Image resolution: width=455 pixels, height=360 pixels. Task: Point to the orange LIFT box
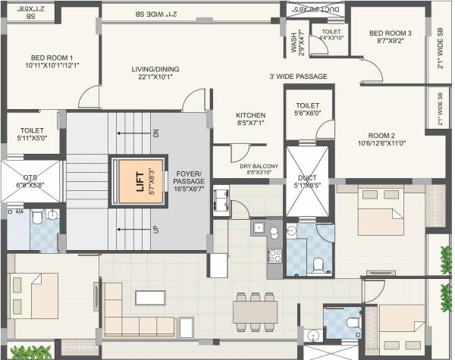[135, 180]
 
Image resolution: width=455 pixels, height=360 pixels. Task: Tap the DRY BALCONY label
[259, 169]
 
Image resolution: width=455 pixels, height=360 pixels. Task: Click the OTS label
[30, 180]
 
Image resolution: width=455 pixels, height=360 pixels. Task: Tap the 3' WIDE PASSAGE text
[297, 77]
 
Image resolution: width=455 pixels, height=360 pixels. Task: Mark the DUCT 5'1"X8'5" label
[307, 181]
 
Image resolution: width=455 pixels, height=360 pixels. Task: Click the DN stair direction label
[156, 133]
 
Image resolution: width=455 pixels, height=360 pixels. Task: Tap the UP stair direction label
[156, 227]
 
